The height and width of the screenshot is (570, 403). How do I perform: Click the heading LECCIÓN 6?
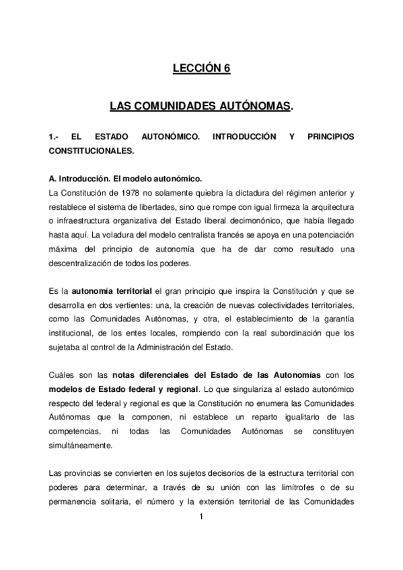click(201, 67)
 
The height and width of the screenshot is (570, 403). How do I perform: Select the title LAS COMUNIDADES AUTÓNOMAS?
click(201, 106)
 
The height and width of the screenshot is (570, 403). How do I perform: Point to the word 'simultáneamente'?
click(83, 445)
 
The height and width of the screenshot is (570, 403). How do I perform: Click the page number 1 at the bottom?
click(201, 517)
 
